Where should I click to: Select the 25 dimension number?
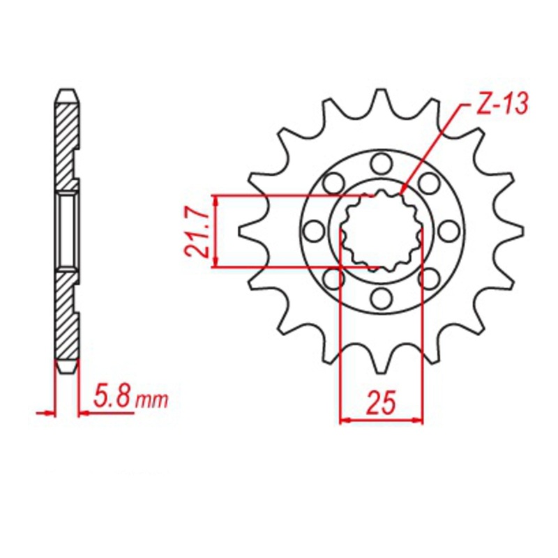[382, 403]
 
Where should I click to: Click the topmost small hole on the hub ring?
[380, 164]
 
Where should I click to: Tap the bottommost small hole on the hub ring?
[380, 299]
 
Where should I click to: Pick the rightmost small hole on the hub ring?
[448, 231]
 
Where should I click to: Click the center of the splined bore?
[380, 231]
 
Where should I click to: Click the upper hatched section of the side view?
[67, 139]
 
